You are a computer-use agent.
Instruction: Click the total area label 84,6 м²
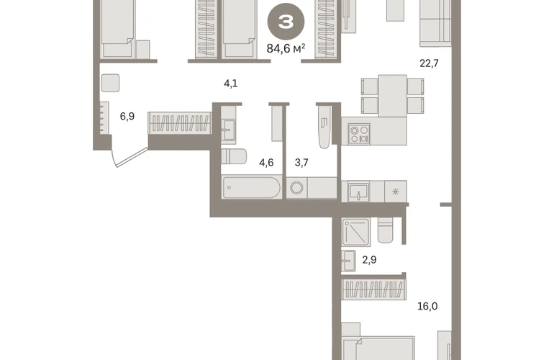tap(286, 48)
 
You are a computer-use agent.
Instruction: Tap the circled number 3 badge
tap(286, 22)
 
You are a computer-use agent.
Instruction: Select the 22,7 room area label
tap(429, 63)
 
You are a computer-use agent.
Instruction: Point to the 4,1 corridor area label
tap(231, 84)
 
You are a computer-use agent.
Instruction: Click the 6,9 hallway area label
tap(127, 116)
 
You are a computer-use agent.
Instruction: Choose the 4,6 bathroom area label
tap(266, 162)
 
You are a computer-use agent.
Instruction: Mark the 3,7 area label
tap(301, 162)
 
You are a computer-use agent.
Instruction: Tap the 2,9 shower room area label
tap(369, 260)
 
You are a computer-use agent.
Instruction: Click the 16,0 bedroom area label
tap(427, 306)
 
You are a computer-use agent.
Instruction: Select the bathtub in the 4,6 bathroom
tap(252, 187)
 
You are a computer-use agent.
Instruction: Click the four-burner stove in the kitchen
tap(359, 134)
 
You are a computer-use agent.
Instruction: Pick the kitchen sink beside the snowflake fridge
tap(358, 192)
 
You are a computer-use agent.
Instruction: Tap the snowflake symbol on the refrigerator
tap(396, 192)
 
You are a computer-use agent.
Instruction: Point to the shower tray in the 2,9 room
tap(356, 232)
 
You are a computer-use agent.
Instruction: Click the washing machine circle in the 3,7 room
tap(296, 188)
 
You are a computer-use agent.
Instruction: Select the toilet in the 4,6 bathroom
tap(234, 156)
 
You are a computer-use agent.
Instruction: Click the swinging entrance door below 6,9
tap(130, 157)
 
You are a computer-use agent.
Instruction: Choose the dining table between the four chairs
tap(393, 96)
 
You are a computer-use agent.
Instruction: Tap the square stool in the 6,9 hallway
tap(110, 83)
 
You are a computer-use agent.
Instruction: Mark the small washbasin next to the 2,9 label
tap(349, 261)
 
